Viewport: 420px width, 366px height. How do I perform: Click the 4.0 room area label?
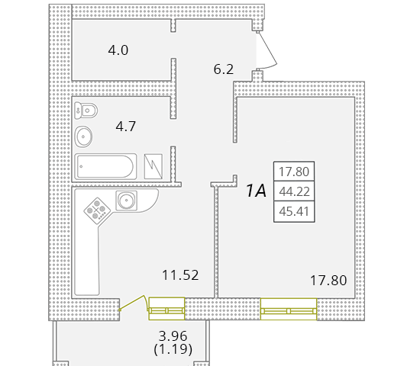pos(118,51)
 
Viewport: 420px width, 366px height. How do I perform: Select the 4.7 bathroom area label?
pos(124,127)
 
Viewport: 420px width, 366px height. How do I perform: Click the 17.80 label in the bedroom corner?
pos(328,281)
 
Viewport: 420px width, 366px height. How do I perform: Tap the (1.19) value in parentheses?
pos(173,350)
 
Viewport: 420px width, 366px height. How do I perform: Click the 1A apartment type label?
pos(255,191)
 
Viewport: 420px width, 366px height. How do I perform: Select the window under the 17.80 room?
pos(288,310)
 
